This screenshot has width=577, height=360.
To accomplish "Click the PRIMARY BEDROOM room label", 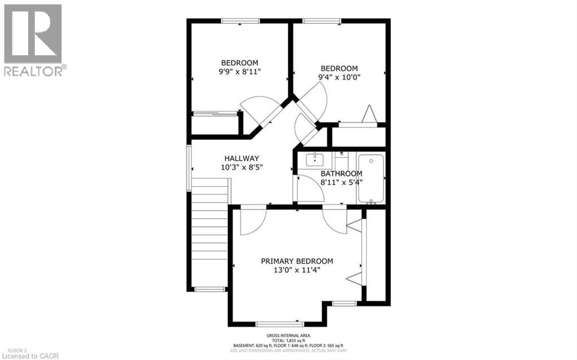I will click(297, 261).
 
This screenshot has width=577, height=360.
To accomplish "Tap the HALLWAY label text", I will click(241, 159).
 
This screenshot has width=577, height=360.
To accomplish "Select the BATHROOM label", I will click(341, 174).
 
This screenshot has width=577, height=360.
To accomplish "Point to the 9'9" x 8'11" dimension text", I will click(240, 72).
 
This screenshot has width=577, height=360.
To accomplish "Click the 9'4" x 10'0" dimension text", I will click(339, 77).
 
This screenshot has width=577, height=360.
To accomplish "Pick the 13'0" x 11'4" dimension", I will click(297, 270).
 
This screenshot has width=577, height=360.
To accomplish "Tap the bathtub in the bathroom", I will click(371, 178).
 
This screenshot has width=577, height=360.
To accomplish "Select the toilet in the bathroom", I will click(342, 159).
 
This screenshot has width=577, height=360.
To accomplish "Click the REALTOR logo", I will click(33, 39).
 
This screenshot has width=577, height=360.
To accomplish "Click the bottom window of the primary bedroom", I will click(280, 324).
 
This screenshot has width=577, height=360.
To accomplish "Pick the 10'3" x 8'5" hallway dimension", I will click(241, 167).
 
